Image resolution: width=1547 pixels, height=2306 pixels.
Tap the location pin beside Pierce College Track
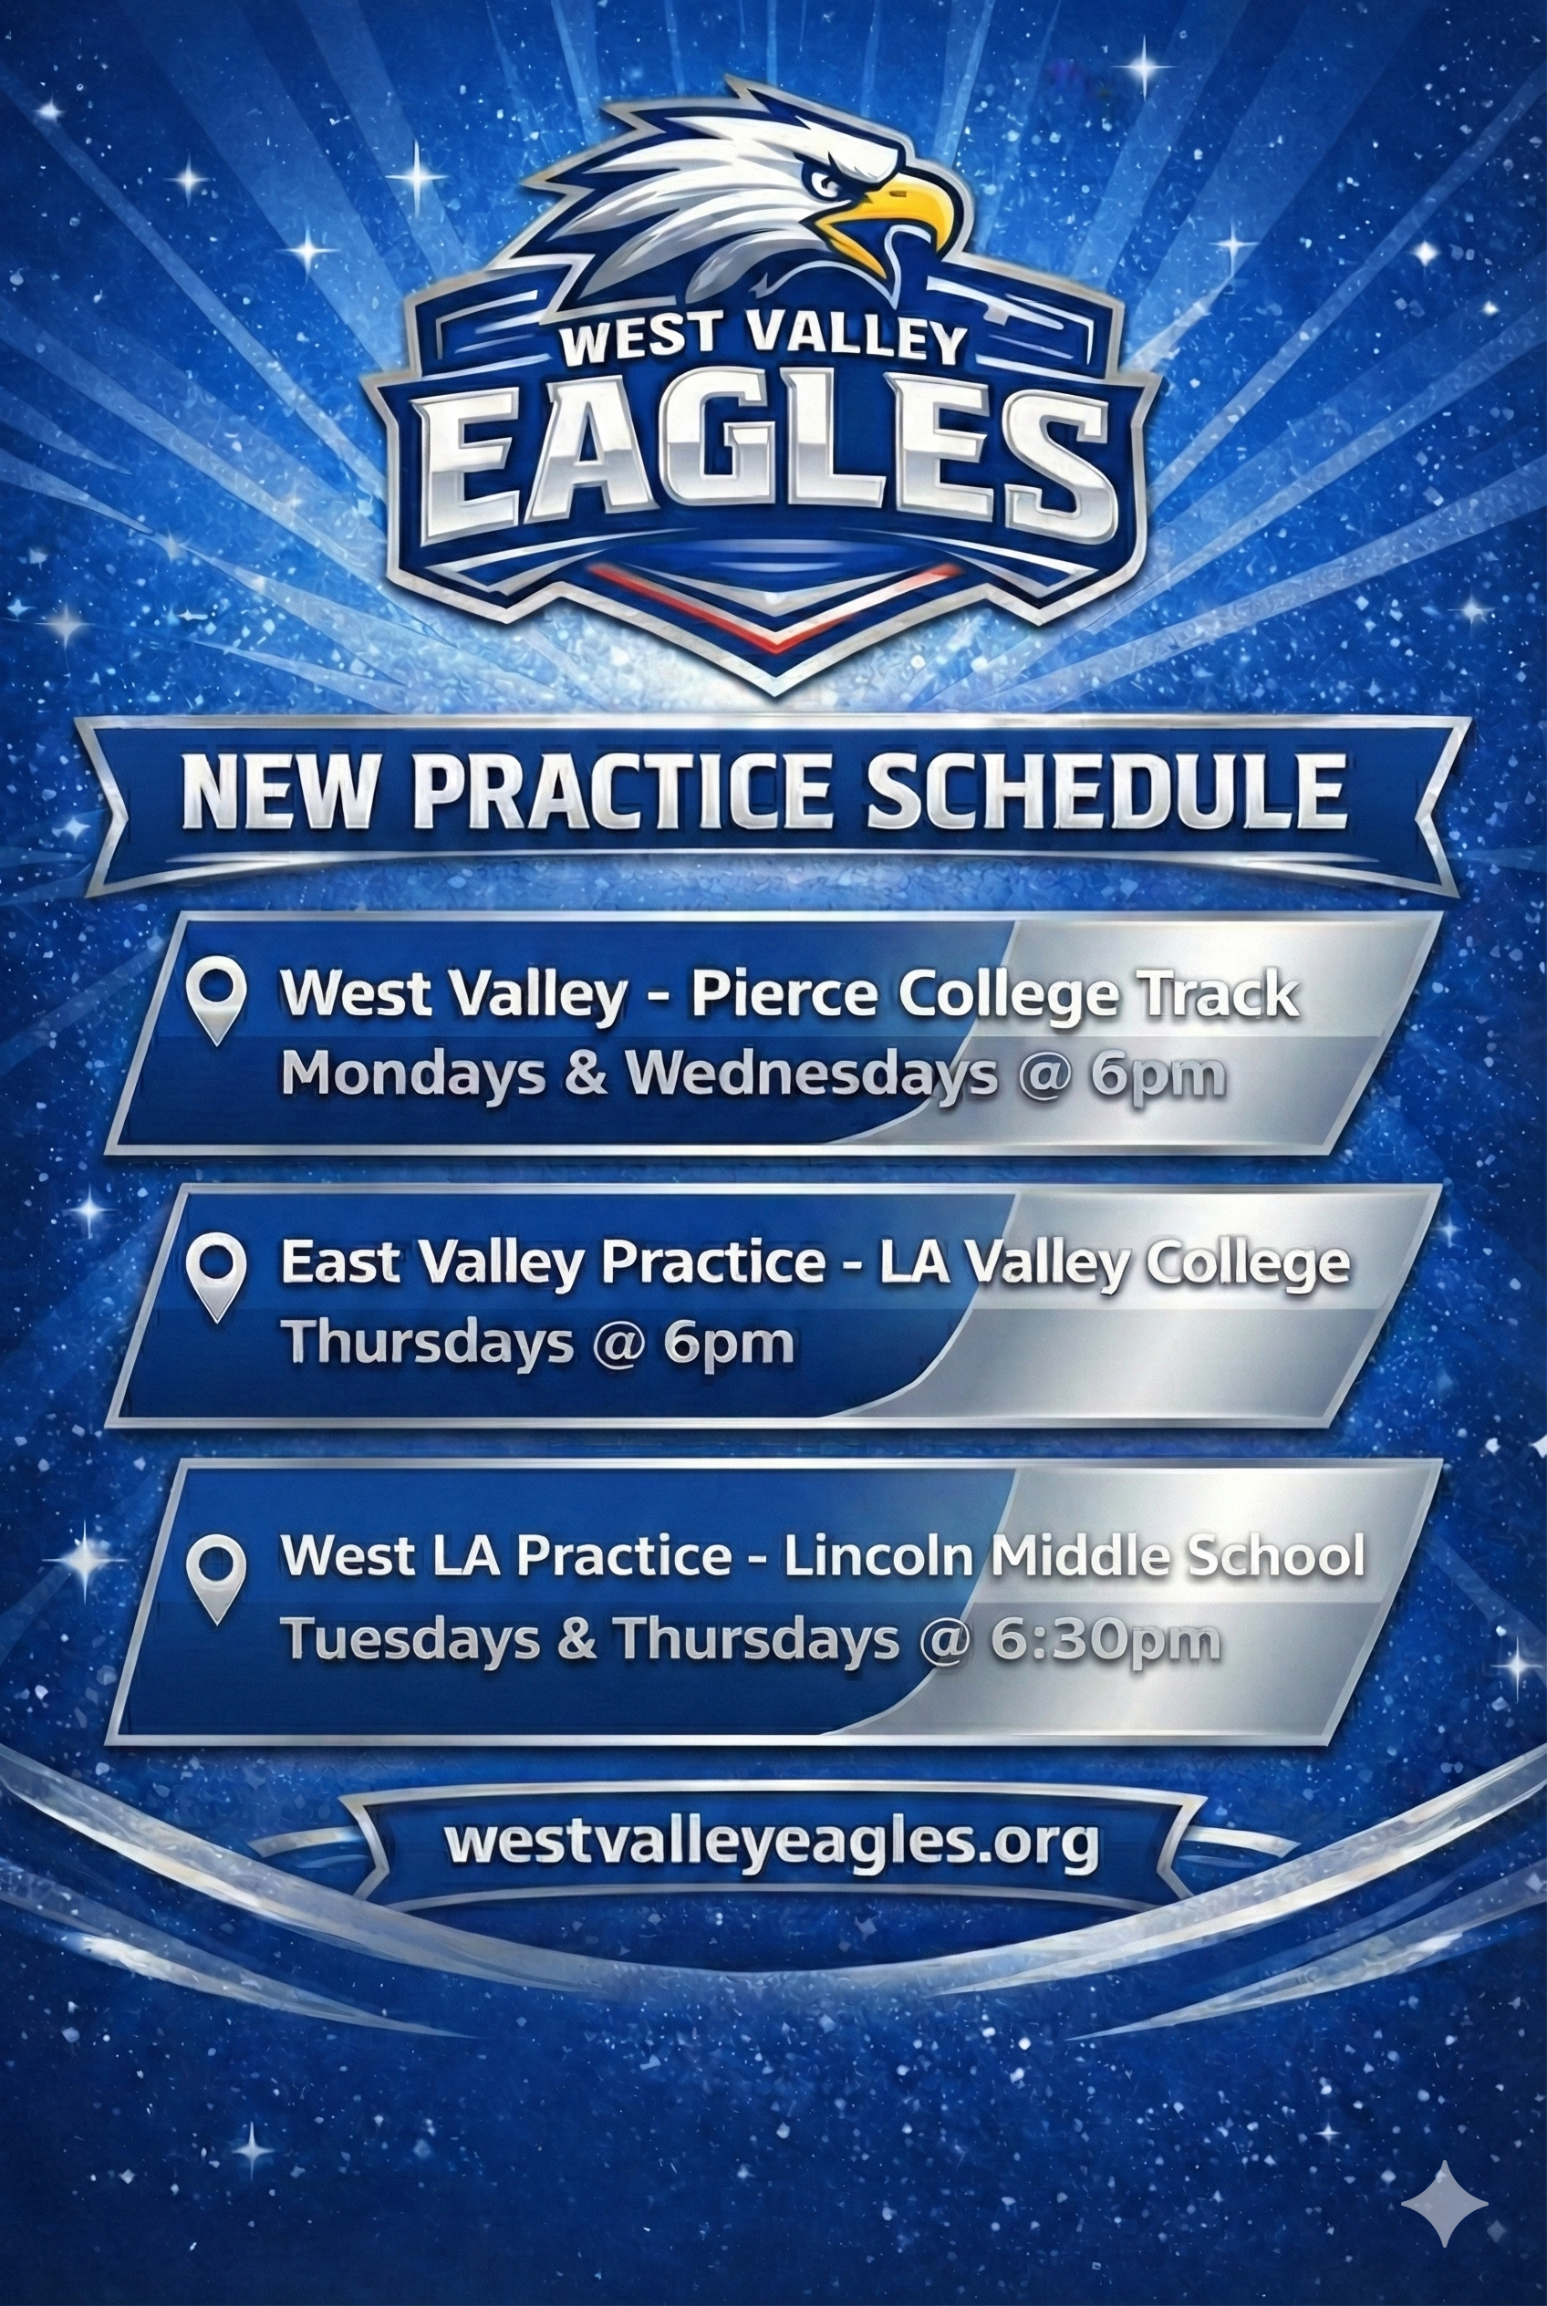point(217,1001)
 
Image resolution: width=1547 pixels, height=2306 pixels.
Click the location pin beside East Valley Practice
point(217,1275)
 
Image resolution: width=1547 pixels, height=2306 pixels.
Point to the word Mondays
point(412,1074)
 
